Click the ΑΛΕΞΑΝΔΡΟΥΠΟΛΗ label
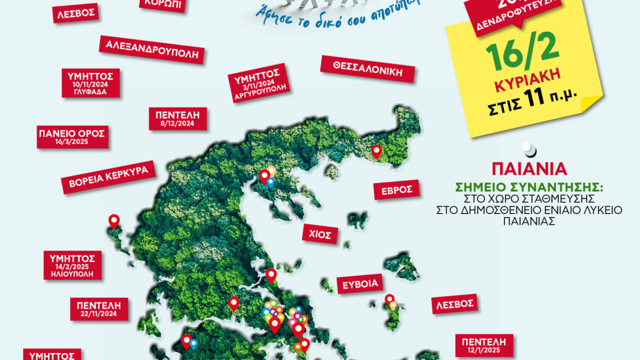(x=152, y=49)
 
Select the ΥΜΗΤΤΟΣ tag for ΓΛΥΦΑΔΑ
(x=90, y=83)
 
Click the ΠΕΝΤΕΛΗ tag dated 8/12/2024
(x=177, y=119)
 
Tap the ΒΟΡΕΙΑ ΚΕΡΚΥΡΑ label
(x=108, y=177)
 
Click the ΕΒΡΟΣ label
(x=396, y=190)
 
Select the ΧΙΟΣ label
(x=320, y=233)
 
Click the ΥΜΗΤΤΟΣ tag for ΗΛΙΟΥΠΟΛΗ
(x=72, y=265)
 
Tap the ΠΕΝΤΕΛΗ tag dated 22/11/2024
(x=99, y=309)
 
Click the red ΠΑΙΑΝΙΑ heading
(x=529, y=168)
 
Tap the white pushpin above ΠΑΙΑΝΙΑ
(x=528, y=148)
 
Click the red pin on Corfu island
(x=114, y=220)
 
